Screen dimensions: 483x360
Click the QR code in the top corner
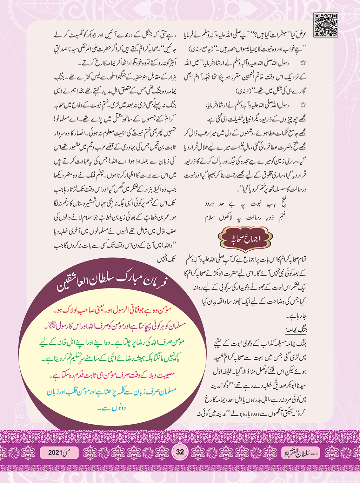[x=325, y=25]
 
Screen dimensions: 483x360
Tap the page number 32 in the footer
[x=180, y=451]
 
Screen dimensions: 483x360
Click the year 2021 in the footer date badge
[x=55, y=452]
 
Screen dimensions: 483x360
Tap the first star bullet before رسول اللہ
[x=303, y=63]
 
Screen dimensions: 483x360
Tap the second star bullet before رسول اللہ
[x=303, y=105]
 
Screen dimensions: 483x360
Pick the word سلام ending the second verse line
[x=210, y=218]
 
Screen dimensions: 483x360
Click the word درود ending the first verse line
[x=210, y=204]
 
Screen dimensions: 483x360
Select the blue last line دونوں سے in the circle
[x=111, y=408]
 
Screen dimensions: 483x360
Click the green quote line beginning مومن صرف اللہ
[x=112, y=342]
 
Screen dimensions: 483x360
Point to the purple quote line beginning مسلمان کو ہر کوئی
[x=112, y=326]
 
